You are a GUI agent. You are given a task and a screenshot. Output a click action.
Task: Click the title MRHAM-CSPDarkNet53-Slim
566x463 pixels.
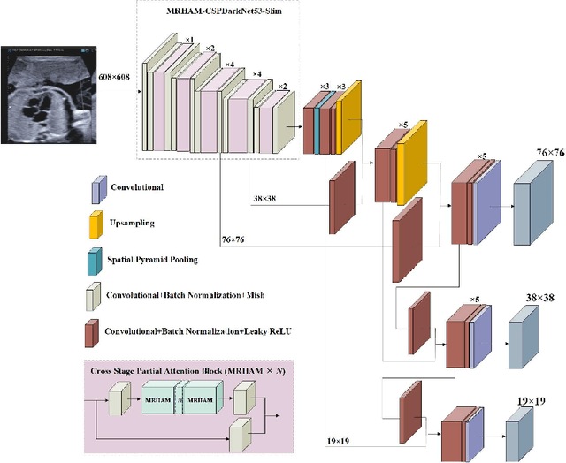pos(227,11)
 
